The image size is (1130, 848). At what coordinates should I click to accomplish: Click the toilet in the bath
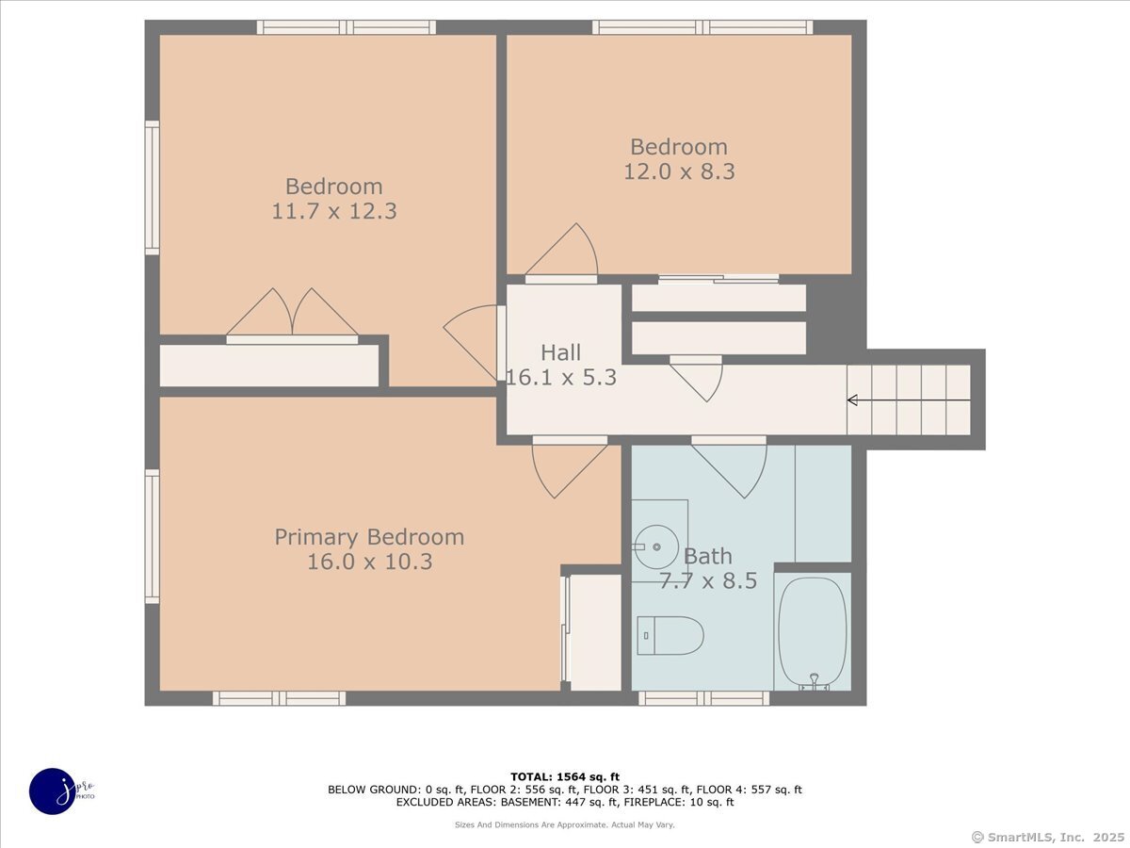(670, 635)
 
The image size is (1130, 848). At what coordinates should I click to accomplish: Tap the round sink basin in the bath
(657, 546)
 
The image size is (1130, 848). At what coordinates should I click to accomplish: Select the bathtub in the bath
(813, 633)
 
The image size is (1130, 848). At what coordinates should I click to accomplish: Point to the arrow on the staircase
(909, 400)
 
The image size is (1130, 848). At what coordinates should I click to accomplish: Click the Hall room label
(560, 352)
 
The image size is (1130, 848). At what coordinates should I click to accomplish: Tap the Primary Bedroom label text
(369, 537)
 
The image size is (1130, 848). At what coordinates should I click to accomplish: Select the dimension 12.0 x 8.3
(679, 171)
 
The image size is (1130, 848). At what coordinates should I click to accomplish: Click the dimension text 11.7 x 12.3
(334, 211)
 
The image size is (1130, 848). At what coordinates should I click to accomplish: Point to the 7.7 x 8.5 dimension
(708, 580)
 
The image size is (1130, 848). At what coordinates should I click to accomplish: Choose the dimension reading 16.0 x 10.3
(370, 562)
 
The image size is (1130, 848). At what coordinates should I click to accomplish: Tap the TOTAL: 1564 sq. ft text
(565, 777)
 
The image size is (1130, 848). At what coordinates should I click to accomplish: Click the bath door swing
(729, 466)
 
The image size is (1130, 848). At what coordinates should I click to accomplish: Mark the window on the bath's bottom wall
(703, 698)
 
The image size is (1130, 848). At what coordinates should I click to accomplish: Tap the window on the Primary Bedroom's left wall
(152, 536)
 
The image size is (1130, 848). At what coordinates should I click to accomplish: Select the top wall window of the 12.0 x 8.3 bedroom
(702, 27)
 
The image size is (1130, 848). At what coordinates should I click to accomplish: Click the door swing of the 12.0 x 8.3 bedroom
(561, 253)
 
